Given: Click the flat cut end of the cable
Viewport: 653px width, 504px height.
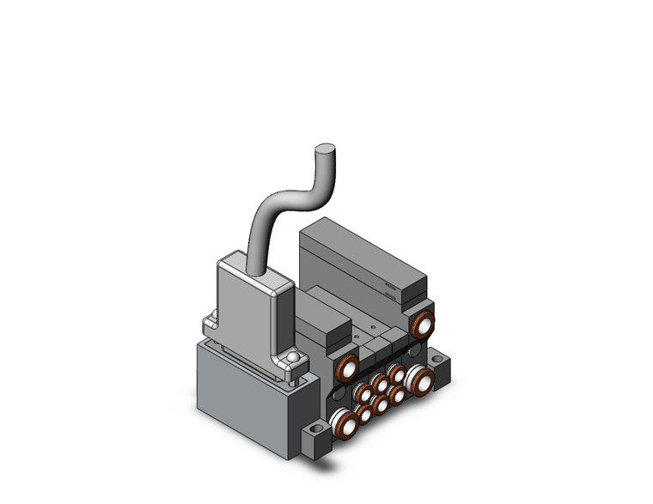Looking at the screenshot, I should [325, 149].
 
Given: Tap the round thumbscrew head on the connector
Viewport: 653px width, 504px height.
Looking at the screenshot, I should [294, 358].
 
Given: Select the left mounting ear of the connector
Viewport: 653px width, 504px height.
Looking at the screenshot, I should [209, 325].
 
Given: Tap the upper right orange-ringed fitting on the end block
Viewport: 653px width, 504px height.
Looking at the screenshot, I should [422, 325].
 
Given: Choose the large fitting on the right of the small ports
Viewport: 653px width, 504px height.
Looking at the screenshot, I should [420, 379].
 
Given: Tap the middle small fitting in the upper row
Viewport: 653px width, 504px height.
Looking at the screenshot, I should [379, 383].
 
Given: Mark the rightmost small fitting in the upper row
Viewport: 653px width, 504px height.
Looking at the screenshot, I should [396, 373].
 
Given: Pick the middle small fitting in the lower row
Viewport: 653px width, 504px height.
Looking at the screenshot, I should [380, 404].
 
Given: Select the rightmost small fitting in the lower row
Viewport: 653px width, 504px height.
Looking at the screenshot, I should [397, 394].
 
